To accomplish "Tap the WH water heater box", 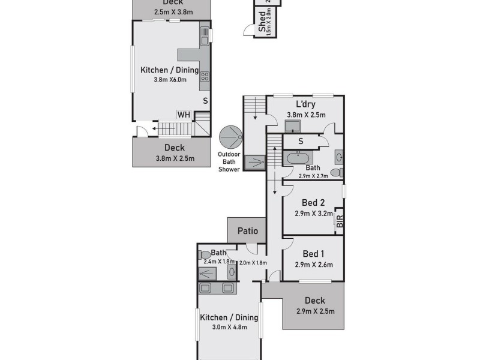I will point(183,115).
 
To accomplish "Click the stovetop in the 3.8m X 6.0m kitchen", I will point(205,76).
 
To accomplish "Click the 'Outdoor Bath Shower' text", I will point(229,161).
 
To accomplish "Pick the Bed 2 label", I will point(313,202).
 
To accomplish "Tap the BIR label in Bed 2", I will point(340,221).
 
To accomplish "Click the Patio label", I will point(247,230).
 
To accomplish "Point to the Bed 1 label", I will point(313,254).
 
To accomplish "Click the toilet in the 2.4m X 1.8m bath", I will point(205,254).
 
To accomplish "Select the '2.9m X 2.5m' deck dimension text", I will point(314,311).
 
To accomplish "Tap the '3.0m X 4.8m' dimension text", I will point(229,328).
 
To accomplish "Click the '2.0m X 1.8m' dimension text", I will point(253,262).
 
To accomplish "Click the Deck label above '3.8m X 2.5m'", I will point(174,148).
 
